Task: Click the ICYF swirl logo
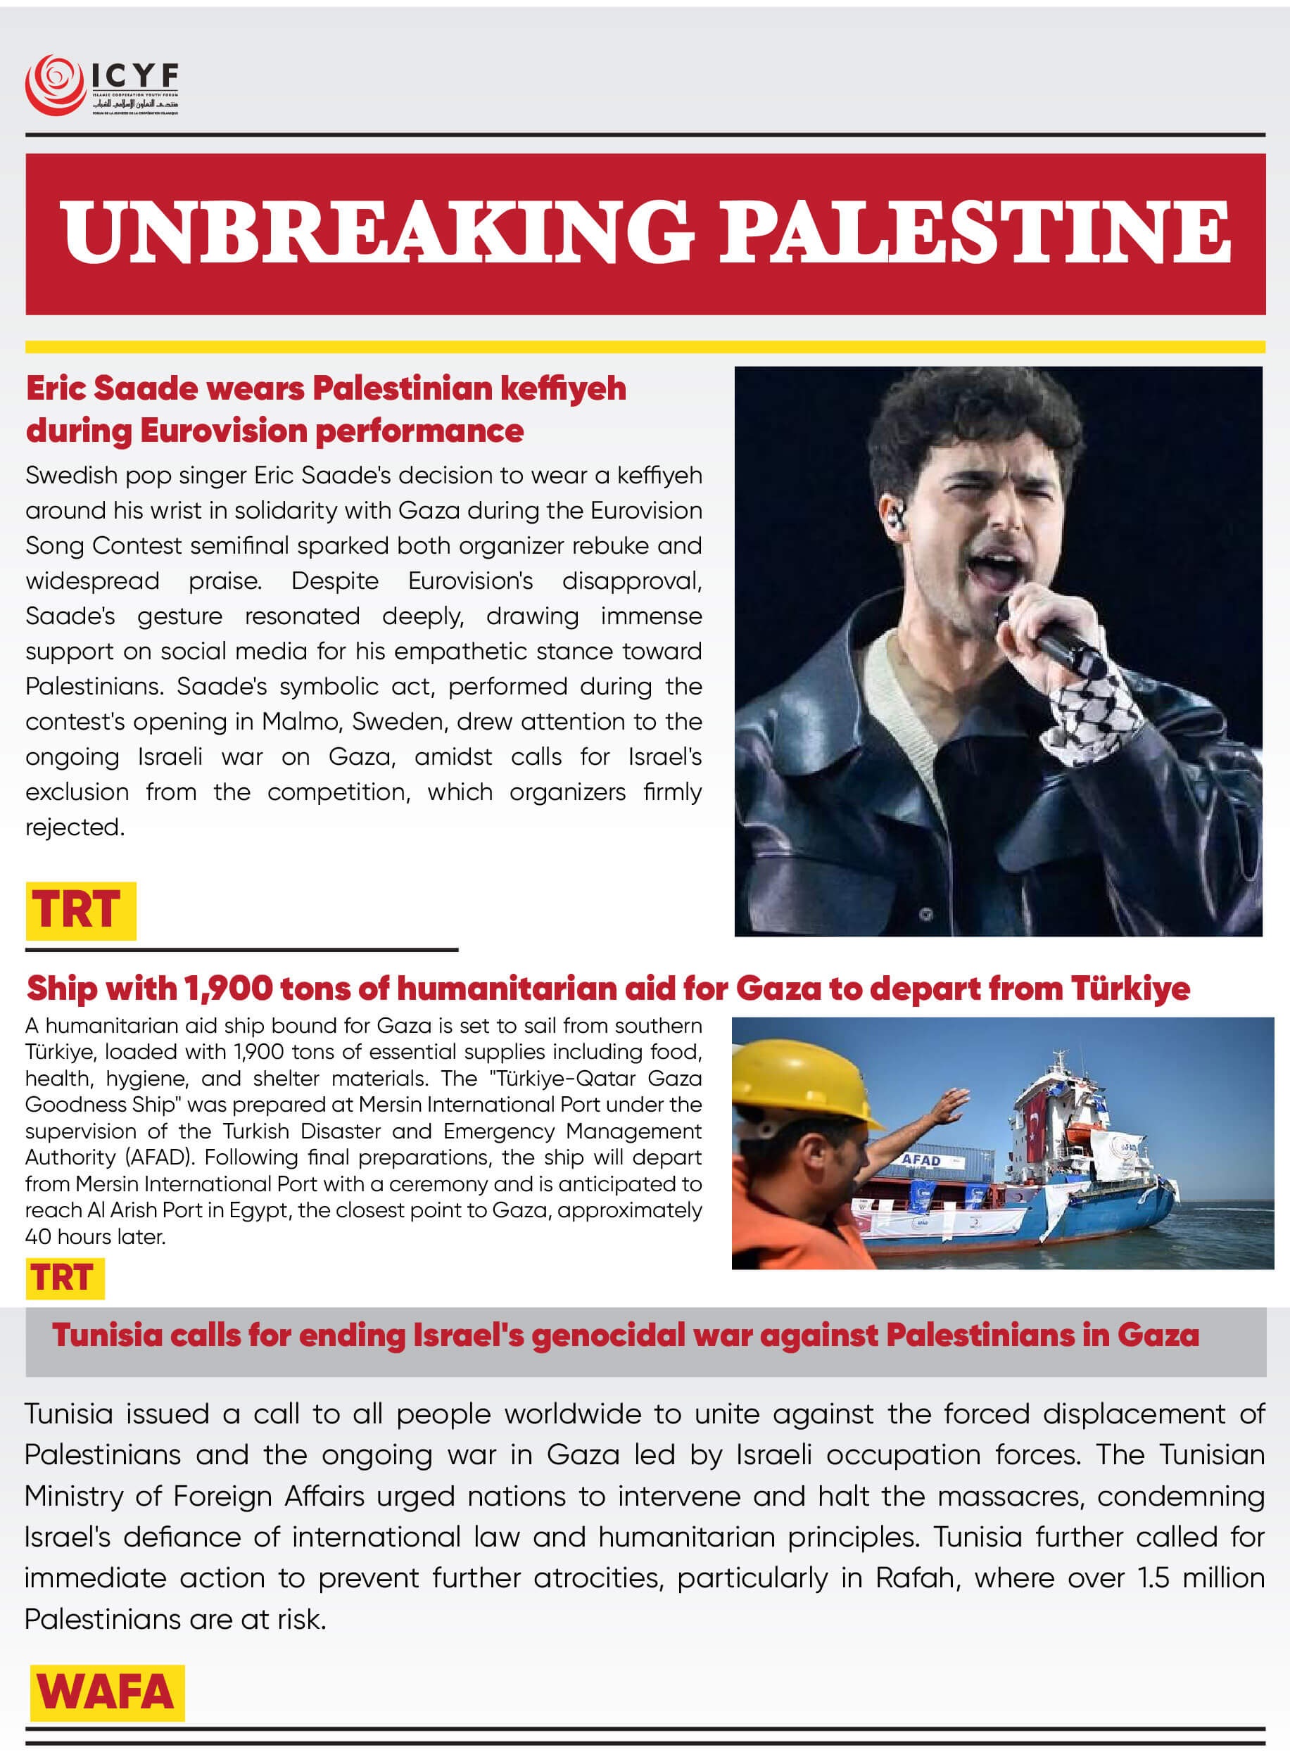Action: [55, 84]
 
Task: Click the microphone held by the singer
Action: [1046, 636]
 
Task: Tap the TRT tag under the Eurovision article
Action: [80, 910]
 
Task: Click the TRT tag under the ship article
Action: [64, 1278]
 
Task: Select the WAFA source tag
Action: [107, 1692]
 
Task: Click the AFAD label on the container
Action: [921, 1160]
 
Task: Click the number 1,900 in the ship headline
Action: [228, 989]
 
